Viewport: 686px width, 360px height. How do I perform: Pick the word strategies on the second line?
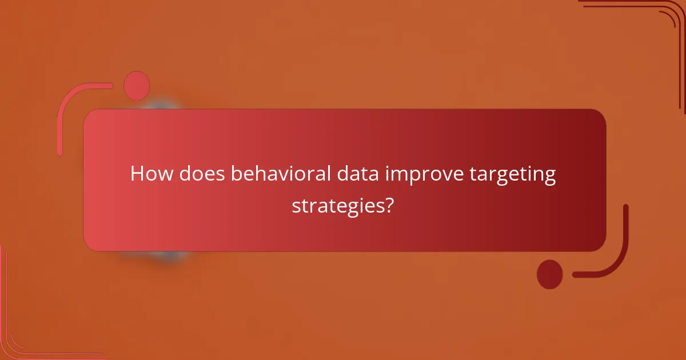336,205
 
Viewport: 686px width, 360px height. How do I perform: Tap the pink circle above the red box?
137,86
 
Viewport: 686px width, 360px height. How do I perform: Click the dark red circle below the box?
549,274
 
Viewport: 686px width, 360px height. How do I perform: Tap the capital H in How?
137,174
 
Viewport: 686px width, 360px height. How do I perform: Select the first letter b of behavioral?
236,174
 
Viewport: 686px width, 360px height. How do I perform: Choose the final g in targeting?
549,177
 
